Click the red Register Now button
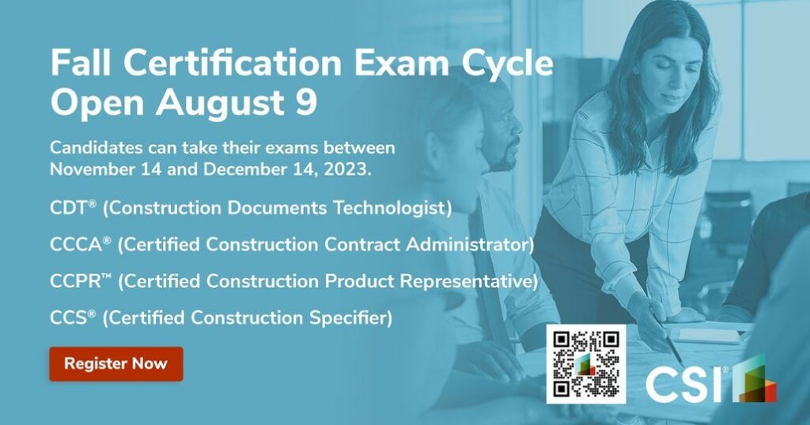click(x=116, y=363)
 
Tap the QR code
click(x=586, y=364)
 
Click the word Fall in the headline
click(x=82, y=63)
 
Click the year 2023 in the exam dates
click(x=346, y=169)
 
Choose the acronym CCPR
click(x=77, y=281)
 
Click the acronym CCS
click(x=70, y=317)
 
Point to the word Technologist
click(x=392, y=208)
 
